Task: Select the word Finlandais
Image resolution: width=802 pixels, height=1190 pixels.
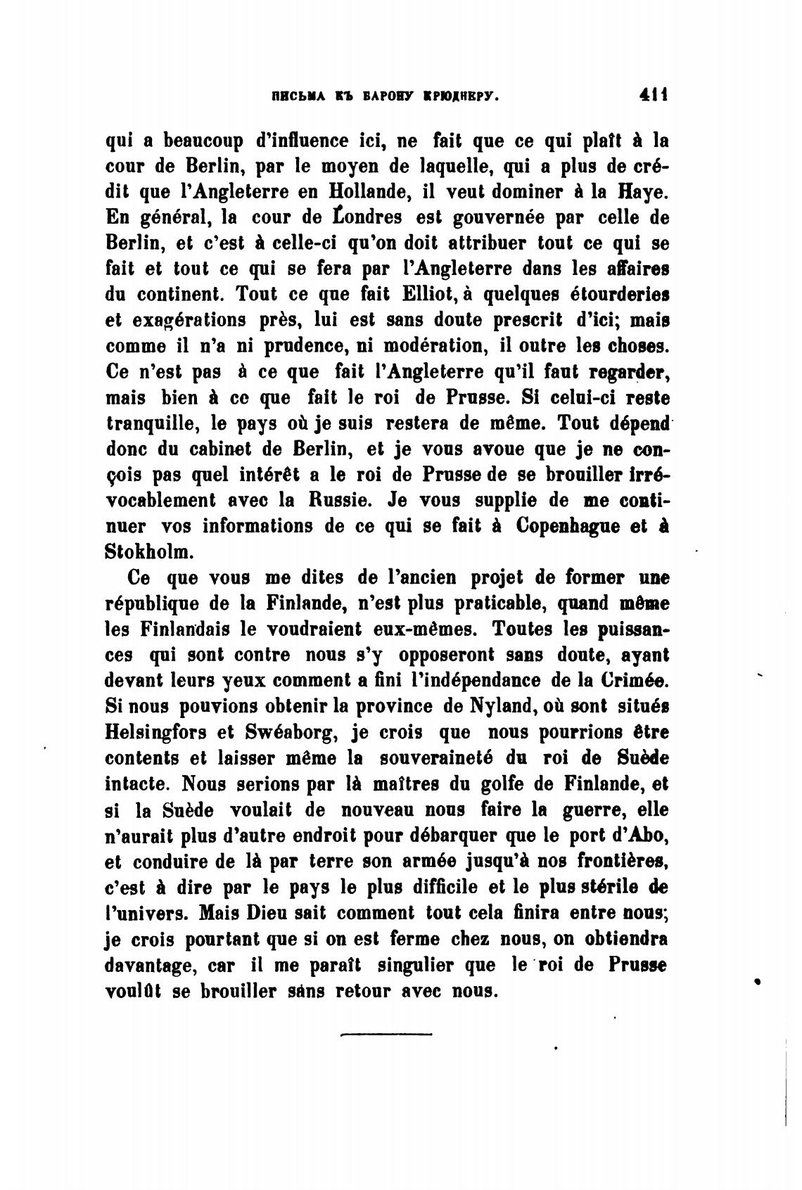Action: click(186, 630)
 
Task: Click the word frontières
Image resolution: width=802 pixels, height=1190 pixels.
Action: click(621, 862)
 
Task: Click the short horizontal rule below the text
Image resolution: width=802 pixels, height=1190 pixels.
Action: click(386, 1034)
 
